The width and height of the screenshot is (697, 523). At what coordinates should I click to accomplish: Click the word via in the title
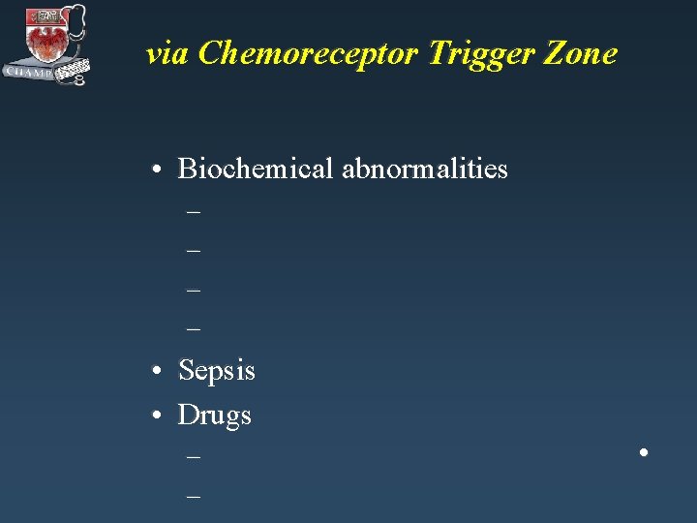click(167, 54)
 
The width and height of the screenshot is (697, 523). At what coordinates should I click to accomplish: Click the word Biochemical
click(256, 169)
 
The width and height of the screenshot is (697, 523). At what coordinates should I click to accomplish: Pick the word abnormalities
click(424, 169)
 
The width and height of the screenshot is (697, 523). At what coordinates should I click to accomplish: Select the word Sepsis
click(217, 371)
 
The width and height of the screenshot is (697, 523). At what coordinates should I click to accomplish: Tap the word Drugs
click(214, 415)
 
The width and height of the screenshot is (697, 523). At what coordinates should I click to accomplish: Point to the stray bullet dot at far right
click(643, 452)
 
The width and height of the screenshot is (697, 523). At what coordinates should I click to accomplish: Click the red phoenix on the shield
click(45, 39)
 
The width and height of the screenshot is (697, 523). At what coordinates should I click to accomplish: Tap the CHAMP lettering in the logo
click(29, 72)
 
